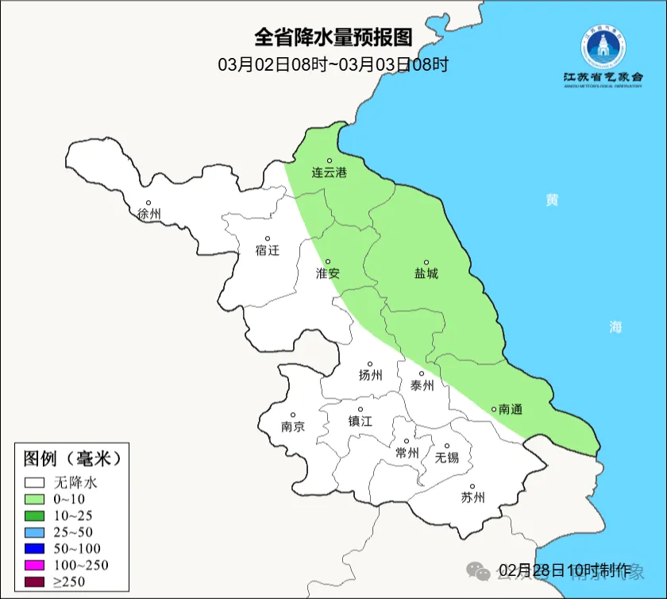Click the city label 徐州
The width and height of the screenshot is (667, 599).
tap(149, 214)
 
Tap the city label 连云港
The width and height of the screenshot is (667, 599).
tap(329, 172)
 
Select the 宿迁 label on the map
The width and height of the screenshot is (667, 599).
tap(268, 250)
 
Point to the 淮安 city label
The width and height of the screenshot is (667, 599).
tap(328, 272)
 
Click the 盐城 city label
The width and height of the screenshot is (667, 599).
tap(426, 273)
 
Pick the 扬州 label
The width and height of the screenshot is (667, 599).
tap(370, 375)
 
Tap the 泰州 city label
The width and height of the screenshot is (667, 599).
tap(422, 385)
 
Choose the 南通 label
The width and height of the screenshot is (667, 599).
tap(511, 409)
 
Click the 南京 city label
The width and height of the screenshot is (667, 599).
tap(293, 426)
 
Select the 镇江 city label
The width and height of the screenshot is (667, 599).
tap(360, 421)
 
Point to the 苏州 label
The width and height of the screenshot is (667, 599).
tap(472, 498)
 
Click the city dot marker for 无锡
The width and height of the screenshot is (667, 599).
tap(447, 446)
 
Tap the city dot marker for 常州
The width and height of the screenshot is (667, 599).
tap(407, 442)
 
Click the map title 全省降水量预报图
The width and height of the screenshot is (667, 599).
tap(333, 37)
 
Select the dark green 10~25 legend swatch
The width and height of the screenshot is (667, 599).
tap(35, 516)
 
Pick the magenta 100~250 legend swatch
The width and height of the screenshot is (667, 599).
tap(35, 565)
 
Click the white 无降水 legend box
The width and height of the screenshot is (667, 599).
tap(35, 482)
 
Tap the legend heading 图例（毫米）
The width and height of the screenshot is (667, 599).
tap(71, 458)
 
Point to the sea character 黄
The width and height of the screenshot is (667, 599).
tap(551, 200)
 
